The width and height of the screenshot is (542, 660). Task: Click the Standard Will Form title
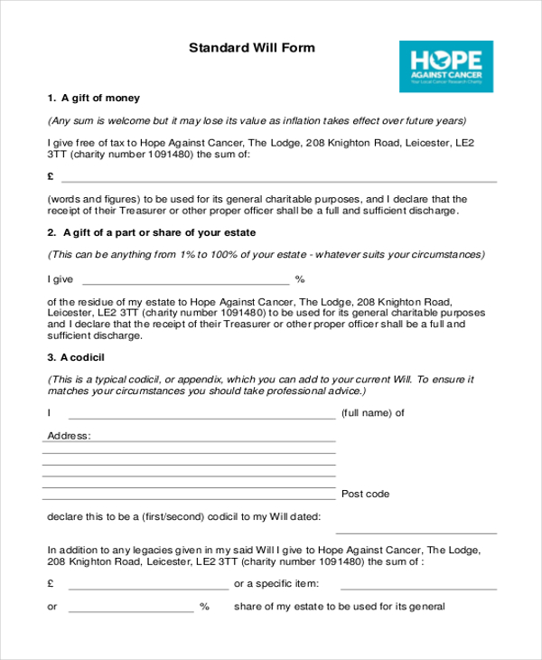pyautogui.click(x=252, y=48)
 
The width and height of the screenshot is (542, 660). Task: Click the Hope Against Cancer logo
pyautogui.click(x=446, y=66)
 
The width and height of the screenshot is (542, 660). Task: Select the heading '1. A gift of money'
pyautogui.click(x=94, y=98)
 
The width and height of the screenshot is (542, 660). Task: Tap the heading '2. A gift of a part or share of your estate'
pyautogui.click(x=152, y=232)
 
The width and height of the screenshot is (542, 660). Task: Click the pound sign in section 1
pyautogui.click(x=51, y=176)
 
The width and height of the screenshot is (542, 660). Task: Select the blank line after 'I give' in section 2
pyautogui.click(x=185, y=284)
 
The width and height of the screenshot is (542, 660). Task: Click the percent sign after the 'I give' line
pyautogui.click(x=300, y=279)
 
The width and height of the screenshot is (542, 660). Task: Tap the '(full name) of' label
pyautogui.click(x=372, y=413)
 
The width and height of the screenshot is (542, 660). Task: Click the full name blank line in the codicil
pyautogui.click(x=201, y=418)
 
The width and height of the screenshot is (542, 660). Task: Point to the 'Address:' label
pyautogui.click(x=69, y=436)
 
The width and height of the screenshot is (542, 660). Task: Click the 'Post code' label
pyautogui.click(x=366, y=494)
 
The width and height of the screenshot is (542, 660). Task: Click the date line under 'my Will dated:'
pyautogui.click(x=416, y=533)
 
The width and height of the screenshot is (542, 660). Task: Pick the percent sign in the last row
pyautogui.click(x=204, y=607)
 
